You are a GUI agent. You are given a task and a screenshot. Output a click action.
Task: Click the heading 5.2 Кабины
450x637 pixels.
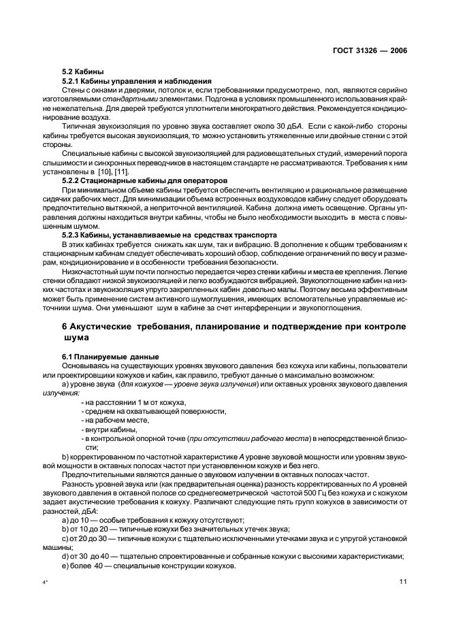click(x=81, y=71)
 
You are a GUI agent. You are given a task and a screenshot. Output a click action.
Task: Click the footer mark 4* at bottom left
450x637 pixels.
click(x=45, y=583)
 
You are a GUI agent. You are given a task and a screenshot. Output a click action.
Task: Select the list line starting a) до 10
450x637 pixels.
click(x=148, y=519)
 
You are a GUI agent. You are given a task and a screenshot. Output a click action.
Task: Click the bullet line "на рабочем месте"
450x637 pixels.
click(x=108, y=421)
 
